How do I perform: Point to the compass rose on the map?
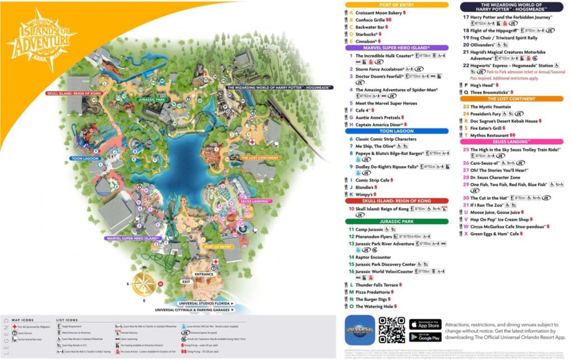[144, 283]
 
